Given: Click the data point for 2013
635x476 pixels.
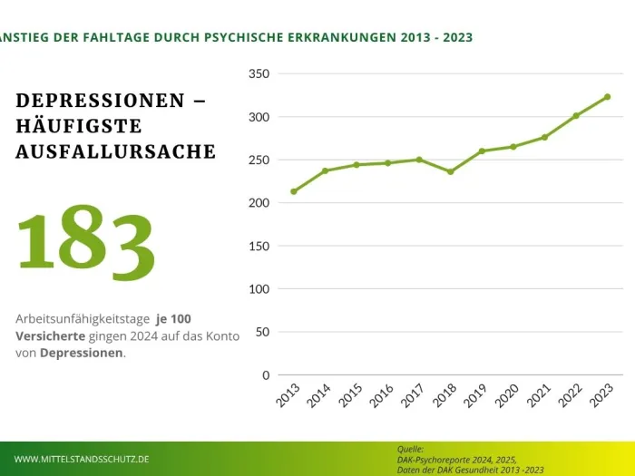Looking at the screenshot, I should [293, 191].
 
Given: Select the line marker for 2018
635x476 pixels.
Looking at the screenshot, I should [450, 171].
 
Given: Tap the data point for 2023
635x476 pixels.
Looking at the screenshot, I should [607, 96].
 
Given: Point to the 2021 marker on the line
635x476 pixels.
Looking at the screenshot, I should [544, 137].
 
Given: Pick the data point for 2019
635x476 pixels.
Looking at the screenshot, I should [482, 151].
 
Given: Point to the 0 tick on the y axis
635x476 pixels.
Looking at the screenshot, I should [265, 374].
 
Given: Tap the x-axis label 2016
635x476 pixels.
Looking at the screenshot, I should [381, 397].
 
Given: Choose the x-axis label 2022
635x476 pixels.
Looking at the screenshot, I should [570, 397].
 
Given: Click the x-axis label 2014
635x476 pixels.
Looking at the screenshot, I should [318, 397].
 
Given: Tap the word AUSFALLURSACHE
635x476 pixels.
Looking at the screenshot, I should [115, 151].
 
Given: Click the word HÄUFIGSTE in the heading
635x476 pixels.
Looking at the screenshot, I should [79, 126].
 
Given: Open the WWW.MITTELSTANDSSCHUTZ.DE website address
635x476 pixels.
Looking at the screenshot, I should [82, 460].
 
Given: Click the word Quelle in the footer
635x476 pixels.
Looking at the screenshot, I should [411, 449].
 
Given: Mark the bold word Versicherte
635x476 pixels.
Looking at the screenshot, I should [49, 335].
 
